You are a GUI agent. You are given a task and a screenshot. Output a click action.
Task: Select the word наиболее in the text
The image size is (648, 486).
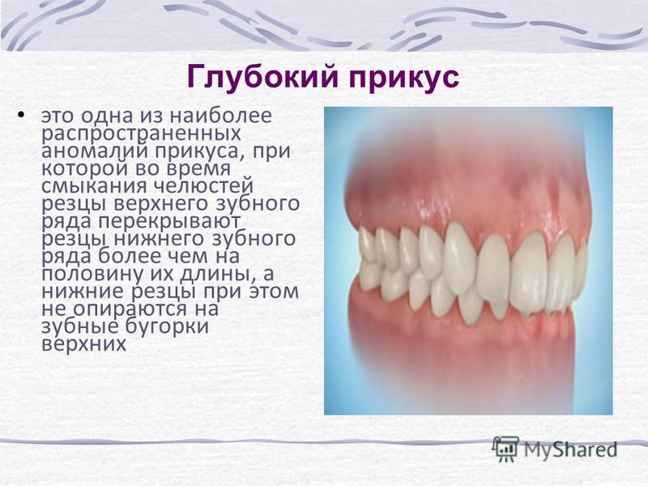(220, 115)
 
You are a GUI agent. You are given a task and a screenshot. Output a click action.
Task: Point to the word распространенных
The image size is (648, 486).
(141, 134)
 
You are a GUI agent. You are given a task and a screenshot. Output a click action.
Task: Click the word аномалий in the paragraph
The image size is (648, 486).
(96, 150)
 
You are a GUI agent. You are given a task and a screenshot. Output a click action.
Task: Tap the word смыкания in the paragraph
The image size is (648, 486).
(94, 186)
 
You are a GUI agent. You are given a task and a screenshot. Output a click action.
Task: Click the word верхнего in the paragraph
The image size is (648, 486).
(166, 204)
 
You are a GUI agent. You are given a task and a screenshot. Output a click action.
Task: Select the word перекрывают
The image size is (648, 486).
(168, 222)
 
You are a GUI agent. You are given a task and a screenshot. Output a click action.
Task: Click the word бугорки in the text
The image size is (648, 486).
(167, 327)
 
